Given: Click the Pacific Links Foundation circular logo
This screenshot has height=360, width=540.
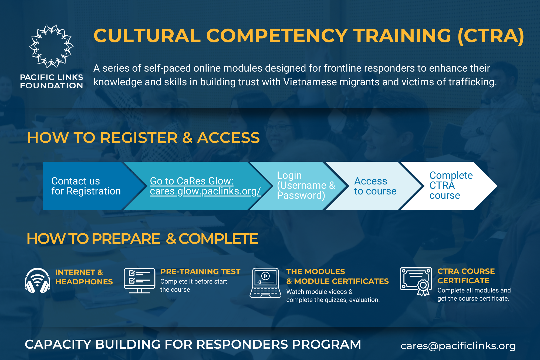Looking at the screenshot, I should coord(51,46).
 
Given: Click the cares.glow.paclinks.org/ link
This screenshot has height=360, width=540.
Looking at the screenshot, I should coord(205,191).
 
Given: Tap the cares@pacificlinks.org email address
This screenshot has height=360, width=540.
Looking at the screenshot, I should coord(458,346).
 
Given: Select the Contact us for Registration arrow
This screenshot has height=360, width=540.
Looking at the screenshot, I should coord(86,186).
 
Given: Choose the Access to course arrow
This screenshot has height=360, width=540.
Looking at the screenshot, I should coord(375,186).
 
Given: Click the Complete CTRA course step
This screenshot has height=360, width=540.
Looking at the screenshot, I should coord(451,186).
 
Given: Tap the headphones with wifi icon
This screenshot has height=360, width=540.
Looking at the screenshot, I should coord(38,281).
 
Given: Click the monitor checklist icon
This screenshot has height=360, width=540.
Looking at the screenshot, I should coord(139,281).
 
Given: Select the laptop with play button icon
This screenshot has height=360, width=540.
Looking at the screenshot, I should coord(265,283).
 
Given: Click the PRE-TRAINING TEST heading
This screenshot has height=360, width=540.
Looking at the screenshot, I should coord(200,271).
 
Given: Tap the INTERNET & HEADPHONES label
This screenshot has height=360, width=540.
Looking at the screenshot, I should coord(84,277).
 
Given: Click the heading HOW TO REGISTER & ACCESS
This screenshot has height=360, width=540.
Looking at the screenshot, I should coord(143,138).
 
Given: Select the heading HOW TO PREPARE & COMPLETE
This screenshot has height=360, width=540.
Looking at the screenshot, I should coord(142,239).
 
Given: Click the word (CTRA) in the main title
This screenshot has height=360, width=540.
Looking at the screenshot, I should coord(491,36).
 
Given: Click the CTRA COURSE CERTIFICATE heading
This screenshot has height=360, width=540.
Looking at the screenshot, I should coord(466,276).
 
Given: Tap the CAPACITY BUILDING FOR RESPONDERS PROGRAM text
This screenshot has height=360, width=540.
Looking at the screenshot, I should coord(193,344).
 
